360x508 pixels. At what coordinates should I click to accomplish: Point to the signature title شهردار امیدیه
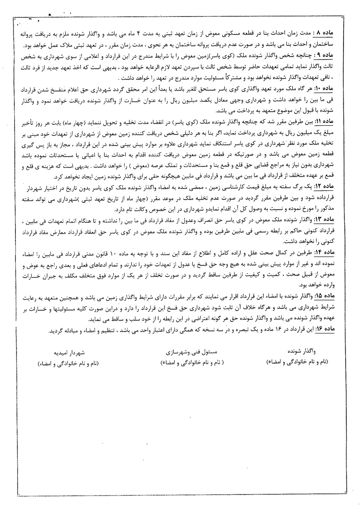(69, 352)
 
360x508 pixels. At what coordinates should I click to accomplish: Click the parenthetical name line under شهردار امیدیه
(69, 364)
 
